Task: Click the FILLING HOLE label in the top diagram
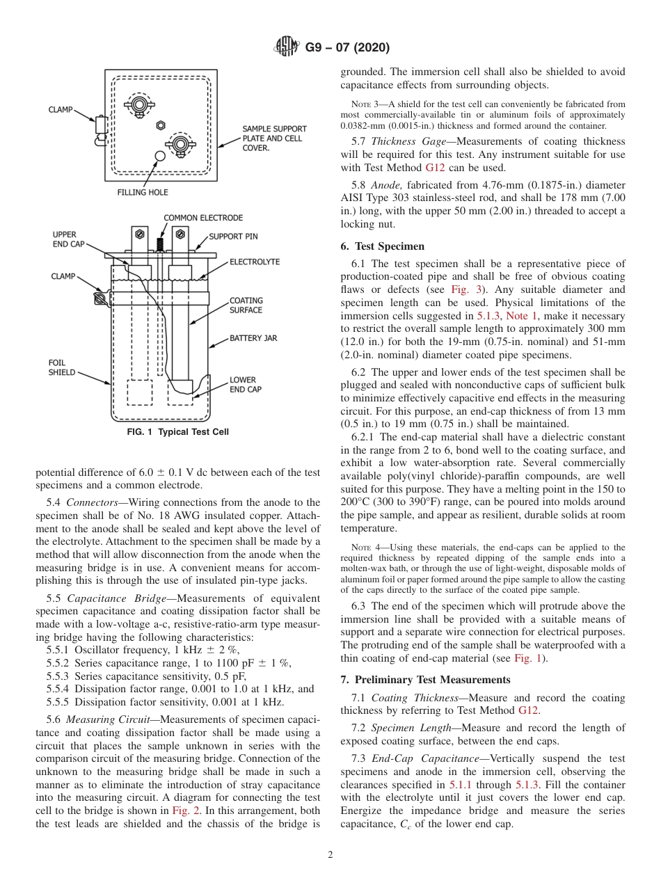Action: [x=142, y=192]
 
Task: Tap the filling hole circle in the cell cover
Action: [x=160, y=156]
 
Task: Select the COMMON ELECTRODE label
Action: [x=203, y=218]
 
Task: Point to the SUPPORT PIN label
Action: [x=233, y=237]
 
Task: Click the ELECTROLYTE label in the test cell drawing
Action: [x=255, y=262]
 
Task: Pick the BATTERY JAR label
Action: [x=253, y=338]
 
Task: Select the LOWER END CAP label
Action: [x=246, y=385]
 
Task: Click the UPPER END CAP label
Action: [x=65, y=239]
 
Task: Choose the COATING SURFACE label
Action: [x=246, y=305]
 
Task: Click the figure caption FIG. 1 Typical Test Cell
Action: [x=177, y=432]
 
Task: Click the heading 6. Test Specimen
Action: [x=382, y=246]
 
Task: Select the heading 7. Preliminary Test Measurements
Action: [x=426, y=679]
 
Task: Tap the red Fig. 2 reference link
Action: [x=184, y=810]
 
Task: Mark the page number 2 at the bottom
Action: [x=330, y=855]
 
